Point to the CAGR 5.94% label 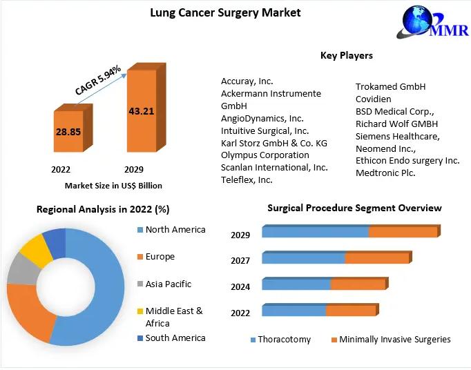point(98,80)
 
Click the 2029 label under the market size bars point(133,169)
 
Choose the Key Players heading point(346,55)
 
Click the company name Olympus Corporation point(265,155)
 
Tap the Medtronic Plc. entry point(385,173)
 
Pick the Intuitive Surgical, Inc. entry point(265,130)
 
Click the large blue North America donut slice point(97,290)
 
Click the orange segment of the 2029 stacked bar point(403,232)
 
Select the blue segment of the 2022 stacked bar point(294,311)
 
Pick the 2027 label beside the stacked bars point(240,260)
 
